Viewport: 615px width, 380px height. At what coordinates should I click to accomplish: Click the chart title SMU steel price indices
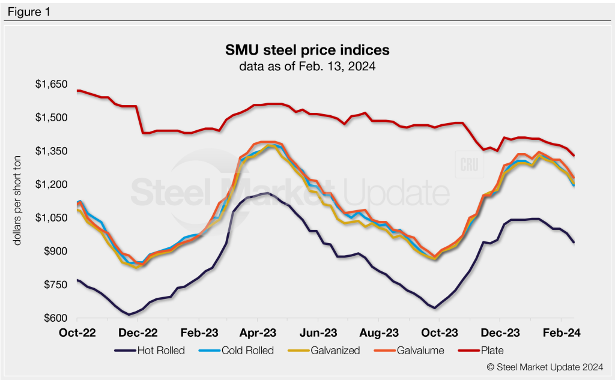(307, 49)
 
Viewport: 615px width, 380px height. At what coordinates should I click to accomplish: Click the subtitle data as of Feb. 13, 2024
(307, 67)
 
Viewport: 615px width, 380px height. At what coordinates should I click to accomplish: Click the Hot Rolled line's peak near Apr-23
(265, 193)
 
